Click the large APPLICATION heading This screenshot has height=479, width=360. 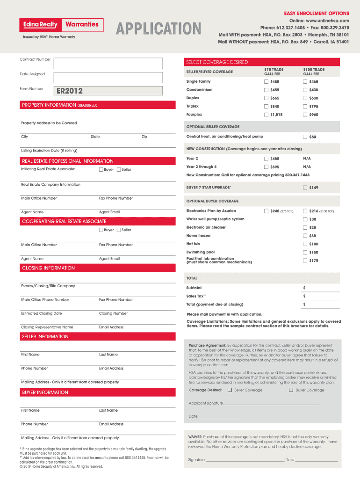[x=158, y=29]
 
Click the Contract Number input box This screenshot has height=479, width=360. [x=108, y=63]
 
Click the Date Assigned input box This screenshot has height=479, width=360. [x=108, y=78]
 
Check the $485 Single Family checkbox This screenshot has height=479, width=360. [x=266, y=82]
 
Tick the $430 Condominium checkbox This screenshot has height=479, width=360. [x=305, y=90]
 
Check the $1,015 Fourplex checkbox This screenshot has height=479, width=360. [x=266, y=115]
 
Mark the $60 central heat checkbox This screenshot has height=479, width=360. [x=305, y=137]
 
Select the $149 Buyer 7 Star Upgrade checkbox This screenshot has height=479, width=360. [x=305, y=188]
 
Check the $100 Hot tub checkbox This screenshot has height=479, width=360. [x=305, y=244]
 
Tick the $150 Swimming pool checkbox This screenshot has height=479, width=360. [x=305, y=253]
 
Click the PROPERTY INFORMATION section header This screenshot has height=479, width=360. [x=59, y=105]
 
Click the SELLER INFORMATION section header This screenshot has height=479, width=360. [x=45, y=337]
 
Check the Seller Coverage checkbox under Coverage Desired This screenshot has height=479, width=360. [x=230, y=390]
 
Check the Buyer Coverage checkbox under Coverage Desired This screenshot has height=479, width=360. [x=291, y=390]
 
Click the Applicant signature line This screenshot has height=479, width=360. [x=271, y=403]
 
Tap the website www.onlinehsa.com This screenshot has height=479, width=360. [x=330, y=21]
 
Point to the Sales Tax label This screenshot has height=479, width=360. [x=196, y=296]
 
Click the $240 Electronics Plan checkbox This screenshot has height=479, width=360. [x=266, y=211]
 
